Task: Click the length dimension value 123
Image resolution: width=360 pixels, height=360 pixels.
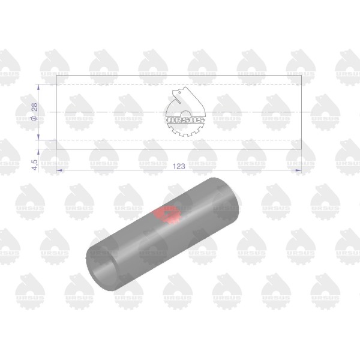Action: click(x=179, y=166)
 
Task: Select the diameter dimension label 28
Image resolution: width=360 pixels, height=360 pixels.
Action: click(x=34, y=107)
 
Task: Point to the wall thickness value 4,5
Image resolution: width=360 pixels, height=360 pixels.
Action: click(x=34, y=165)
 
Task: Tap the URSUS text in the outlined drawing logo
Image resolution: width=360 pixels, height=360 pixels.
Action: click(x=185, y=120)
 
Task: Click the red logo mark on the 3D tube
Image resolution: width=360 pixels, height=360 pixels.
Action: click(x=167, y=214)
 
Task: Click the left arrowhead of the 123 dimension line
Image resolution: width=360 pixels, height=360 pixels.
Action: click(x=59, y=170)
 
